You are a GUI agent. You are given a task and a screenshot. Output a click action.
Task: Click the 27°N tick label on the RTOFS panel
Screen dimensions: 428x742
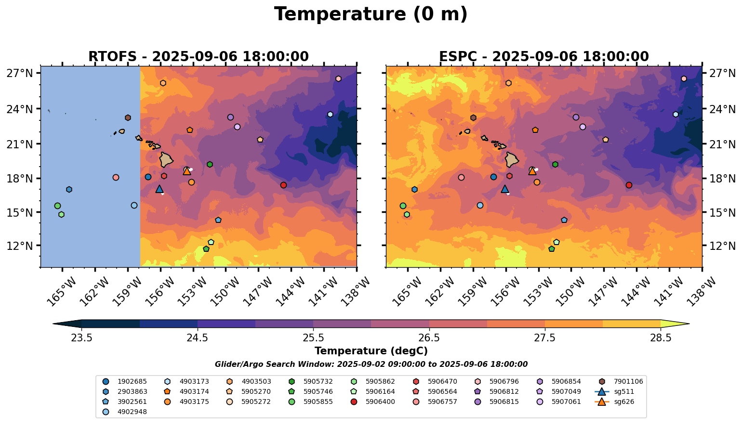click(20, 74)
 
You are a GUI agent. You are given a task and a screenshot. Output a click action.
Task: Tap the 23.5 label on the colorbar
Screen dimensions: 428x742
click(81, 337)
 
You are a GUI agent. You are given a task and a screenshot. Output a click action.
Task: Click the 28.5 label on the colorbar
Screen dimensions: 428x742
click(661, 337)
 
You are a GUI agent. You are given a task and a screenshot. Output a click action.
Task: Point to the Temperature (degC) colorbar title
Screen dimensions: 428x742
click(371, 351)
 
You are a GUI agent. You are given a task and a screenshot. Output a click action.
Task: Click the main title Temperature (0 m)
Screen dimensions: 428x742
click(371, 14)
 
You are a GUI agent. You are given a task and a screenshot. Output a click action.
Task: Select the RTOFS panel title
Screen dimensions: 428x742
click(199, 57)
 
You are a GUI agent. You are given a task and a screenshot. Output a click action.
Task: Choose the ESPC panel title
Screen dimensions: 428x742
click(544, 57)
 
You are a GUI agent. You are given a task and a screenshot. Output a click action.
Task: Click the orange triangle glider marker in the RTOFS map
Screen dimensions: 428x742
click(187, 171)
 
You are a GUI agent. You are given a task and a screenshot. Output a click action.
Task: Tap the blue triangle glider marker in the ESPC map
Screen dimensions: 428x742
click(504, 189)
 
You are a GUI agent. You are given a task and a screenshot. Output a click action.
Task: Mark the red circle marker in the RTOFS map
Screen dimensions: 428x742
click(283, 185)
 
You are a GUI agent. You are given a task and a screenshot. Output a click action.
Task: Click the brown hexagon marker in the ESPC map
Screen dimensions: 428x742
click(473, 117)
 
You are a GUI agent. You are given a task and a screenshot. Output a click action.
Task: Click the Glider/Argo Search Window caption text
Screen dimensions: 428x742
click(371, 364)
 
